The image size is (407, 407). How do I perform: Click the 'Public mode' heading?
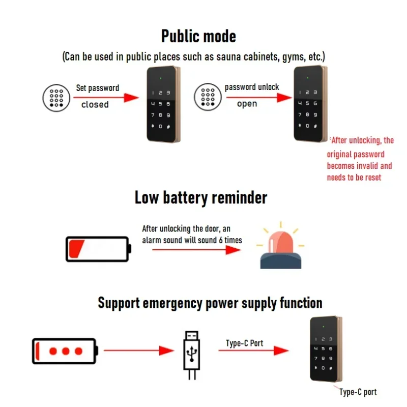tap(198, 36)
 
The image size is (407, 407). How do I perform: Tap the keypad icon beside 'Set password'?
tap(56, 98)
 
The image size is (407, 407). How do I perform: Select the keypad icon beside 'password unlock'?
tap(208, 97)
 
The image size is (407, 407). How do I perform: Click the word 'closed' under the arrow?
tap(95, 104)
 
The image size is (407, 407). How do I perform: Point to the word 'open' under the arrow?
tap(247, 104)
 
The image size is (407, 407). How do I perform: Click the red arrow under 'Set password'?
tap(106, 98)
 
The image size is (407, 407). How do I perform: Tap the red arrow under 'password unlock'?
tap(259, 98)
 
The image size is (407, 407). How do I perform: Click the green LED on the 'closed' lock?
tap(161, 78)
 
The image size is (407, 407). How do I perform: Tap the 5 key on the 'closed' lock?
tap(160, 104)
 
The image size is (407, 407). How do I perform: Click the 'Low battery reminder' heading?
tap(201, 198)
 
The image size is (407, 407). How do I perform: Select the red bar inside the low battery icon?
tap(76, 249)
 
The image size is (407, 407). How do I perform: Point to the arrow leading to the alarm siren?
tap(196, 250)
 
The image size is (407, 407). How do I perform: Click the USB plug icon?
tap(192, 355)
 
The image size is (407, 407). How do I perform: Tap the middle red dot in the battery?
tap(66, 351)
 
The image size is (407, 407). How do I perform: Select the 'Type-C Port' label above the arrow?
tap(244, 343)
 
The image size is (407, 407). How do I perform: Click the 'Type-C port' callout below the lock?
tap(358, 392)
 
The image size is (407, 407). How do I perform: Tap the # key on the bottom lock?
tap(331, 368)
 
